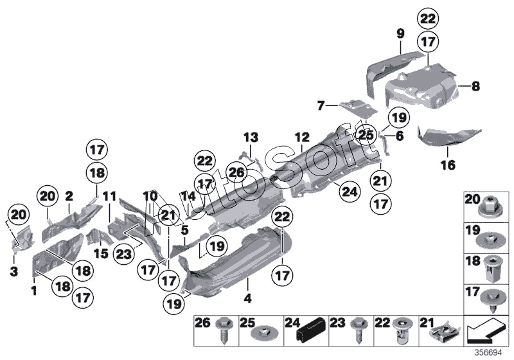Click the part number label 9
coord(400,34)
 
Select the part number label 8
coord(475,86)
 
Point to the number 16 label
coord(448,165)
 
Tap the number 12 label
coord(301,138)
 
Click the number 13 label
coord(251,138)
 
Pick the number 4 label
coord(248,298)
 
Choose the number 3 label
coord(13,271)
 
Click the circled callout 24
coord(349,192)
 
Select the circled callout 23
coord(123,254)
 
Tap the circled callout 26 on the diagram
coord(236,172)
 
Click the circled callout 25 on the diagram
coord(366,135)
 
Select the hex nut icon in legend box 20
coord(489,208)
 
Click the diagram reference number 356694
coord(488,353)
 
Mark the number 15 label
coord(101,253)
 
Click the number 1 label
coord(34,290)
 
